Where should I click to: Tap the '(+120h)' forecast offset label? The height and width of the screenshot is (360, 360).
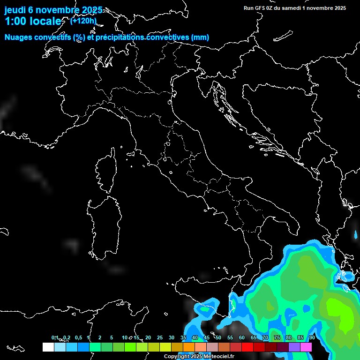coord(83,21)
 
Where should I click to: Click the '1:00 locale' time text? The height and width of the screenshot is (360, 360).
coord(33,21)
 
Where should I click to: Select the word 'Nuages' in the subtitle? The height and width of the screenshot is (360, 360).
coord(19,37)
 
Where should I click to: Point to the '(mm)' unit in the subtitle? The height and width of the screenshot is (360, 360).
coord(199,37)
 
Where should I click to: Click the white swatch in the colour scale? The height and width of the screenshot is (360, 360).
coord(48,347)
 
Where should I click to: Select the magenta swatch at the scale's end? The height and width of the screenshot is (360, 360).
coord(306,347)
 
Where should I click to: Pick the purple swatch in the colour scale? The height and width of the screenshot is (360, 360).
coord(294,347)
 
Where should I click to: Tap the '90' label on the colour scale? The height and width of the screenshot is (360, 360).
coord(312,338)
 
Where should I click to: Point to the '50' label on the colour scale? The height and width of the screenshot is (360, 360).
coord(218,338)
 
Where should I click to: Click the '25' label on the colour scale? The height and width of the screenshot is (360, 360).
coord(160,338)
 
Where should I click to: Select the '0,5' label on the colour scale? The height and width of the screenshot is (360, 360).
coord(78,338)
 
